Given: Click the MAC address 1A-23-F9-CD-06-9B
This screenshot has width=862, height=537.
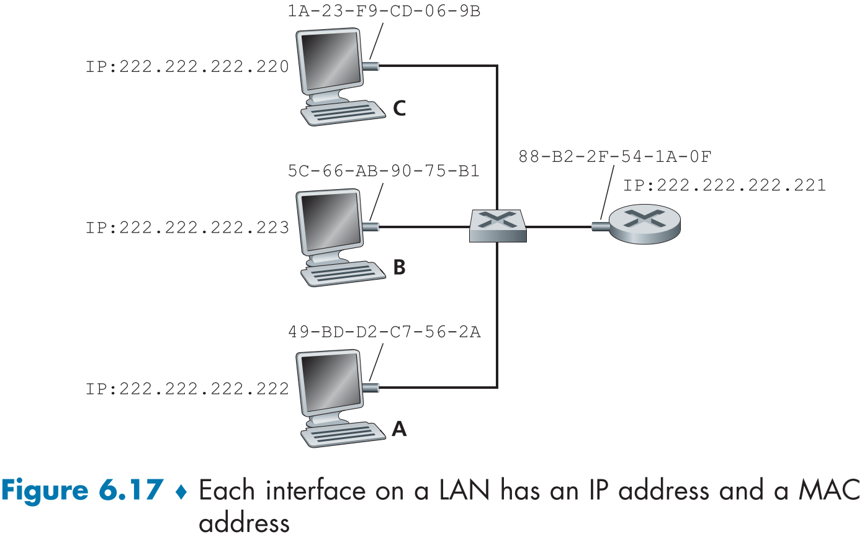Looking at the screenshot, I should (384, 12).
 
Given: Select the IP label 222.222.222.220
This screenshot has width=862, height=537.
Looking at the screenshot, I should (187, 66).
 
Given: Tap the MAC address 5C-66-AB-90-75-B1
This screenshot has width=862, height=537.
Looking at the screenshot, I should (384, 171).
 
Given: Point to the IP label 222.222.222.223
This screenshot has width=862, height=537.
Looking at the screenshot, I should (187, 228).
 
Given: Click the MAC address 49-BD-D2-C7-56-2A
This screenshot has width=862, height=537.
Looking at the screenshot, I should (384, 332).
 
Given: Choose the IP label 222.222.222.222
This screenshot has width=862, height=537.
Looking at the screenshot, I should (187, 389).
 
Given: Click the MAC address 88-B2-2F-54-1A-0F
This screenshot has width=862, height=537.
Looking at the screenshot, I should (614, 156).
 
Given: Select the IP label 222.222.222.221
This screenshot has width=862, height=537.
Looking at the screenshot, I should (724, 185).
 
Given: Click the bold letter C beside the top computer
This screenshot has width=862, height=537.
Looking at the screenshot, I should (400, 108).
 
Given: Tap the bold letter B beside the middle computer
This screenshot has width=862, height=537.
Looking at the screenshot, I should (400, 267).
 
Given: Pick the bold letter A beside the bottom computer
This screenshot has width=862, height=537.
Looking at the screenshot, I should (400, 428).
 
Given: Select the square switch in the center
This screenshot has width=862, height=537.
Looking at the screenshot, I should (498, 225).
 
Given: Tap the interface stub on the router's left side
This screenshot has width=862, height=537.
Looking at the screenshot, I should (599, 227).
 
